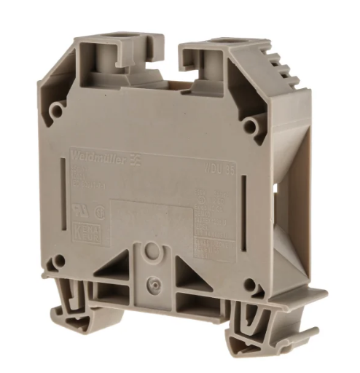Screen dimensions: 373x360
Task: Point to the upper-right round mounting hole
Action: [x=249, y=126]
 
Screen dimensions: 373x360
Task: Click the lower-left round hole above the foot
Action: [x=60, y=261]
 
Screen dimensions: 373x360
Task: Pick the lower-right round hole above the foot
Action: [x=250, y=284]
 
